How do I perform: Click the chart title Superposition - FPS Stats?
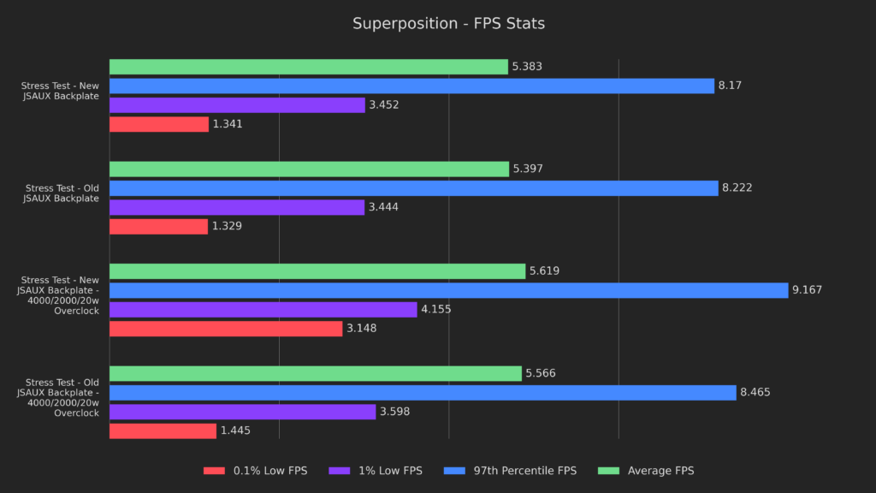tap(448, 23)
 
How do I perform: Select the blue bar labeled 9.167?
tap(448, 290)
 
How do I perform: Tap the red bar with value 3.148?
tap(226, 329)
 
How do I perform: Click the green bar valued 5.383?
tap(308, 67)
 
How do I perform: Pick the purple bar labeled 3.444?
tap(237, 207)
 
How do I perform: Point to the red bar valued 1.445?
tap(163, 431)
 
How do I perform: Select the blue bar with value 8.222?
tap(413, 188)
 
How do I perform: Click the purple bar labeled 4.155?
tap(263, 309)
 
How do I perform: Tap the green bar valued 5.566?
tap(315, 373)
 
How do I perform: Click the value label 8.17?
tap(730, 86)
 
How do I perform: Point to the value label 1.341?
tap(228, 124)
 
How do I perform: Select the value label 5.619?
tap(544, 271)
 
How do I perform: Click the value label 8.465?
tap(755, 393)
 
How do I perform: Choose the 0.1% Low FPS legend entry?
tap(255, 471)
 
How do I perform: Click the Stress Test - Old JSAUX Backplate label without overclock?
tap(62, 193)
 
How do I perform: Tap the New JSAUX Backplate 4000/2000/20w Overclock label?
tap(59, 295)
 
